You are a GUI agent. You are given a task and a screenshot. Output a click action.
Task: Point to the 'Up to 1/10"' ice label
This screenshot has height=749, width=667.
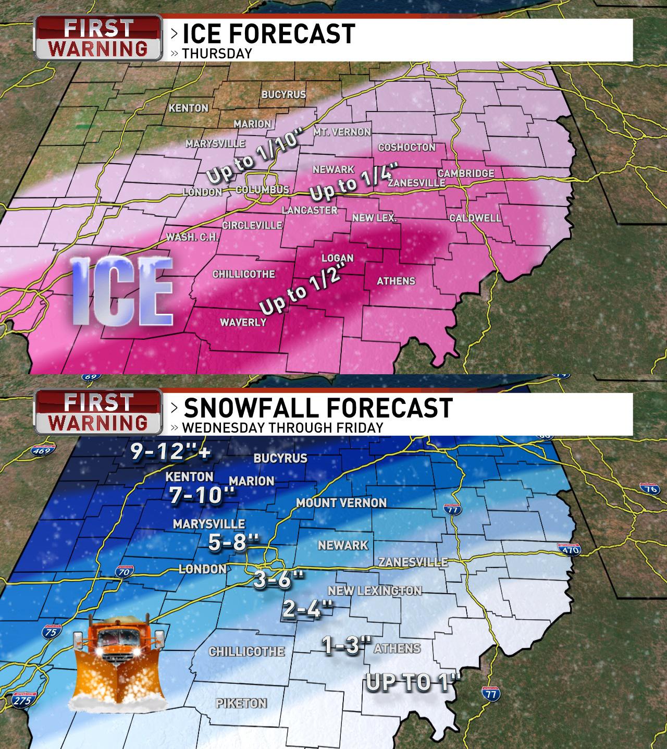(254, 158)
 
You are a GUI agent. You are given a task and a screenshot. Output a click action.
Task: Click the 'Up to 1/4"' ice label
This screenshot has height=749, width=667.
(354, 182)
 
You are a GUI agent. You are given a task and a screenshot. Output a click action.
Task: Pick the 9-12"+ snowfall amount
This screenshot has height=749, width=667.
(170, 452)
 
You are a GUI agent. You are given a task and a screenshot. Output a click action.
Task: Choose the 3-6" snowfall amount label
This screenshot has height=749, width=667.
(278, 579)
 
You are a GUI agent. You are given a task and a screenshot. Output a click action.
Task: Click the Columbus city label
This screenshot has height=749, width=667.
(262, 190)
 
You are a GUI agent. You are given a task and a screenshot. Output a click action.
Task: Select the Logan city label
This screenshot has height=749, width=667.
(337, 258)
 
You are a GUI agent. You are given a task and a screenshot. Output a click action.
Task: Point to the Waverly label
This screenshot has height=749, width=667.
(243, 322)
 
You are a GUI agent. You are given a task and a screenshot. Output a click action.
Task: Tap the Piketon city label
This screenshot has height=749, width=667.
(241, 703)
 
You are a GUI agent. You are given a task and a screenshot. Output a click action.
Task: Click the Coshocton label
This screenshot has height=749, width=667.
(406, 148)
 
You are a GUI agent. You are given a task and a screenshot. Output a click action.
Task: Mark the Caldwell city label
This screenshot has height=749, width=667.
(475, 218)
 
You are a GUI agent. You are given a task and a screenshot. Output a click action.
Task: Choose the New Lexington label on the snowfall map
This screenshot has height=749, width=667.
(374, 591)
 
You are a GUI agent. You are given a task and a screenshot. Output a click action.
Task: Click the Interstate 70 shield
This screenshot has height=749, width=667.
(123, 571)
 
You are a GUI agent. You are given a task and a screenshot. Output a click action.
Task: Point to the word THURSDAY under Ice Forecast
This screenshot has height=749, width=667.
(217, 54)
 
